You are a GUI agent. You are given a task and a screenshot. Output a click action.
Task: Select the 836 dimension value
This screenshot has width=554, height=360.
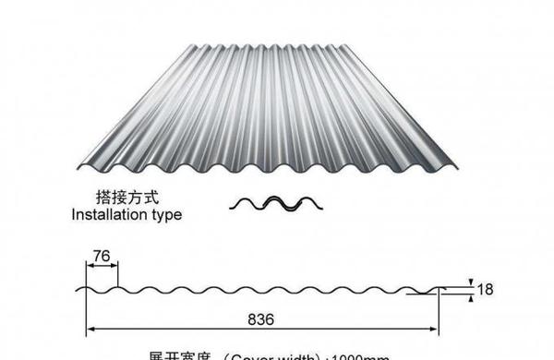click(261, 319)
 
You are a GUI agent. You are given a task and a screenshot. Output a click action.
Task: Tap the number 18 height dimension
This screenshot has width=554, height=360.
click(486, 289)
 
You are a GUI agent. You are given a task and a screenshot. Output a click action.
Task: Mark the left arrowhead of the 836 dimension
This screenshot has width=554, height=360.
click(90, 330)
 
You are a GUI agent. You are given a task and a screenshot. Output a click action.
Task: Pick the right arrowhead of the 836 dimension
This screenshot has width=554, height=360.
click(437, 330)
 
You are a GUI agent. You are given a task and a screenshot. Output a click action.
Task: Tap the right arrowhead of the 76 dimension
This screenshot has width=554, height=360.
click(115, 267)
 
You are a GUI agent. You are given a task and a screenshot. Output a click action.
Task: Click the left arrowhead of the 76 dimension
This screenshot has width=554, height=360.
click(90, 267)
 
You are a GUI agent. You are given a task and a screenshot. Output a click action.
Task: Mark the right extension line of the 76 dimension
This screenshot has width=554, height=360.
click(118, 275)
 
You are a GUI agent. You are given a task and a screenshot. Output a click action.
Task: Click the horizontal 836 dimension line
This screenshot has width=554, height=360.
click(185, 330)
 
